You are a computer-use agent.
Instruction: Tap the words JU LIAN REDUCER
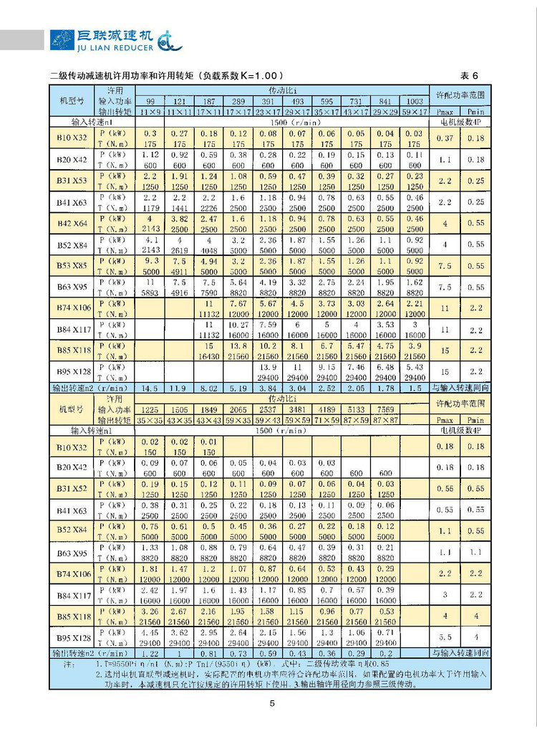click(x=111, y=47)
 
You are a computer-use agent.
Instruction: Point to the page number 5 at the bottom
click(x=272, y=703)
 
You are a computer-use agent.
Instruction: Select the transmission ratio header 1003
click(x=414, y=102)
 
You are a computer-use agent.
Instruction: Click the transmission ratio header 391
click(x=267, y=102)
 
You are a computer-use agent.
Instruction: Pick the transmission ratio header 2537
click(x=267, y=409)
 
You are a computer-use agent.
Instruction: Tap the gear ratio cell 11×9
click(x=150, y=112)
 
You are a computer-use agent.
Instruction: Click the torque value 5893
click(x=150, y=292)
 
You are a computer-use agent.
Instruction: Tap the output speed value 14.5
click(x=150, y=388)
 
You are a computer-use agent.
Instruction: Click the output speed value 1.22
click(x=150, y=653)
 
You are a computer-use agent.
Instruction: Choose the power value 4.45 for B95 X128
click(x=150, y=633)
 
